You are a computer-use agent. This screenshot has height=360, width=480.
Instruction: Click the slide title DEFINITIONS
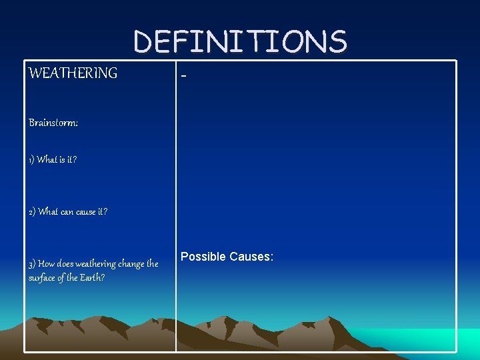click(x=240, y=41)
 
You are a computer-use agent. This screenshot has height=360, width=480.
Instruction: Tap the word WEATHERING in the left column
click(x=73, y=73)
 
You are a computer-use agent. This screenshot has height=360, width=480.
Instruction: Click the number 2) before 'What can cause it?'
click(x=33, y=212)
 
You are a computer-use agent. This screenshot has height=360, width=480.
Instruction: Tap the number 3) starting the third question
click(x=33, y=264)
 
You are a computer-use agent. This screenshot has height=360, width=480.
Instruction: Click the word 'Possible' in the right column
click(x=203, y=257)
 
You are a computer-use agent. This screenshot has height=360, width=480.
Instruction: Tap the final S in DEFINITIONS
click(x=337, y=41)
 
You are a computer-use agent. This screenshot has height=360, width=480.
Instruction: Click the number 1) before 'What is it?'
click(x=32, y=160)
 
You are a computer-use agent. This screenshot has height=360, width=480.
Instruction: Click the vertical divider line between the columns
click(x=176, y=200)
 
